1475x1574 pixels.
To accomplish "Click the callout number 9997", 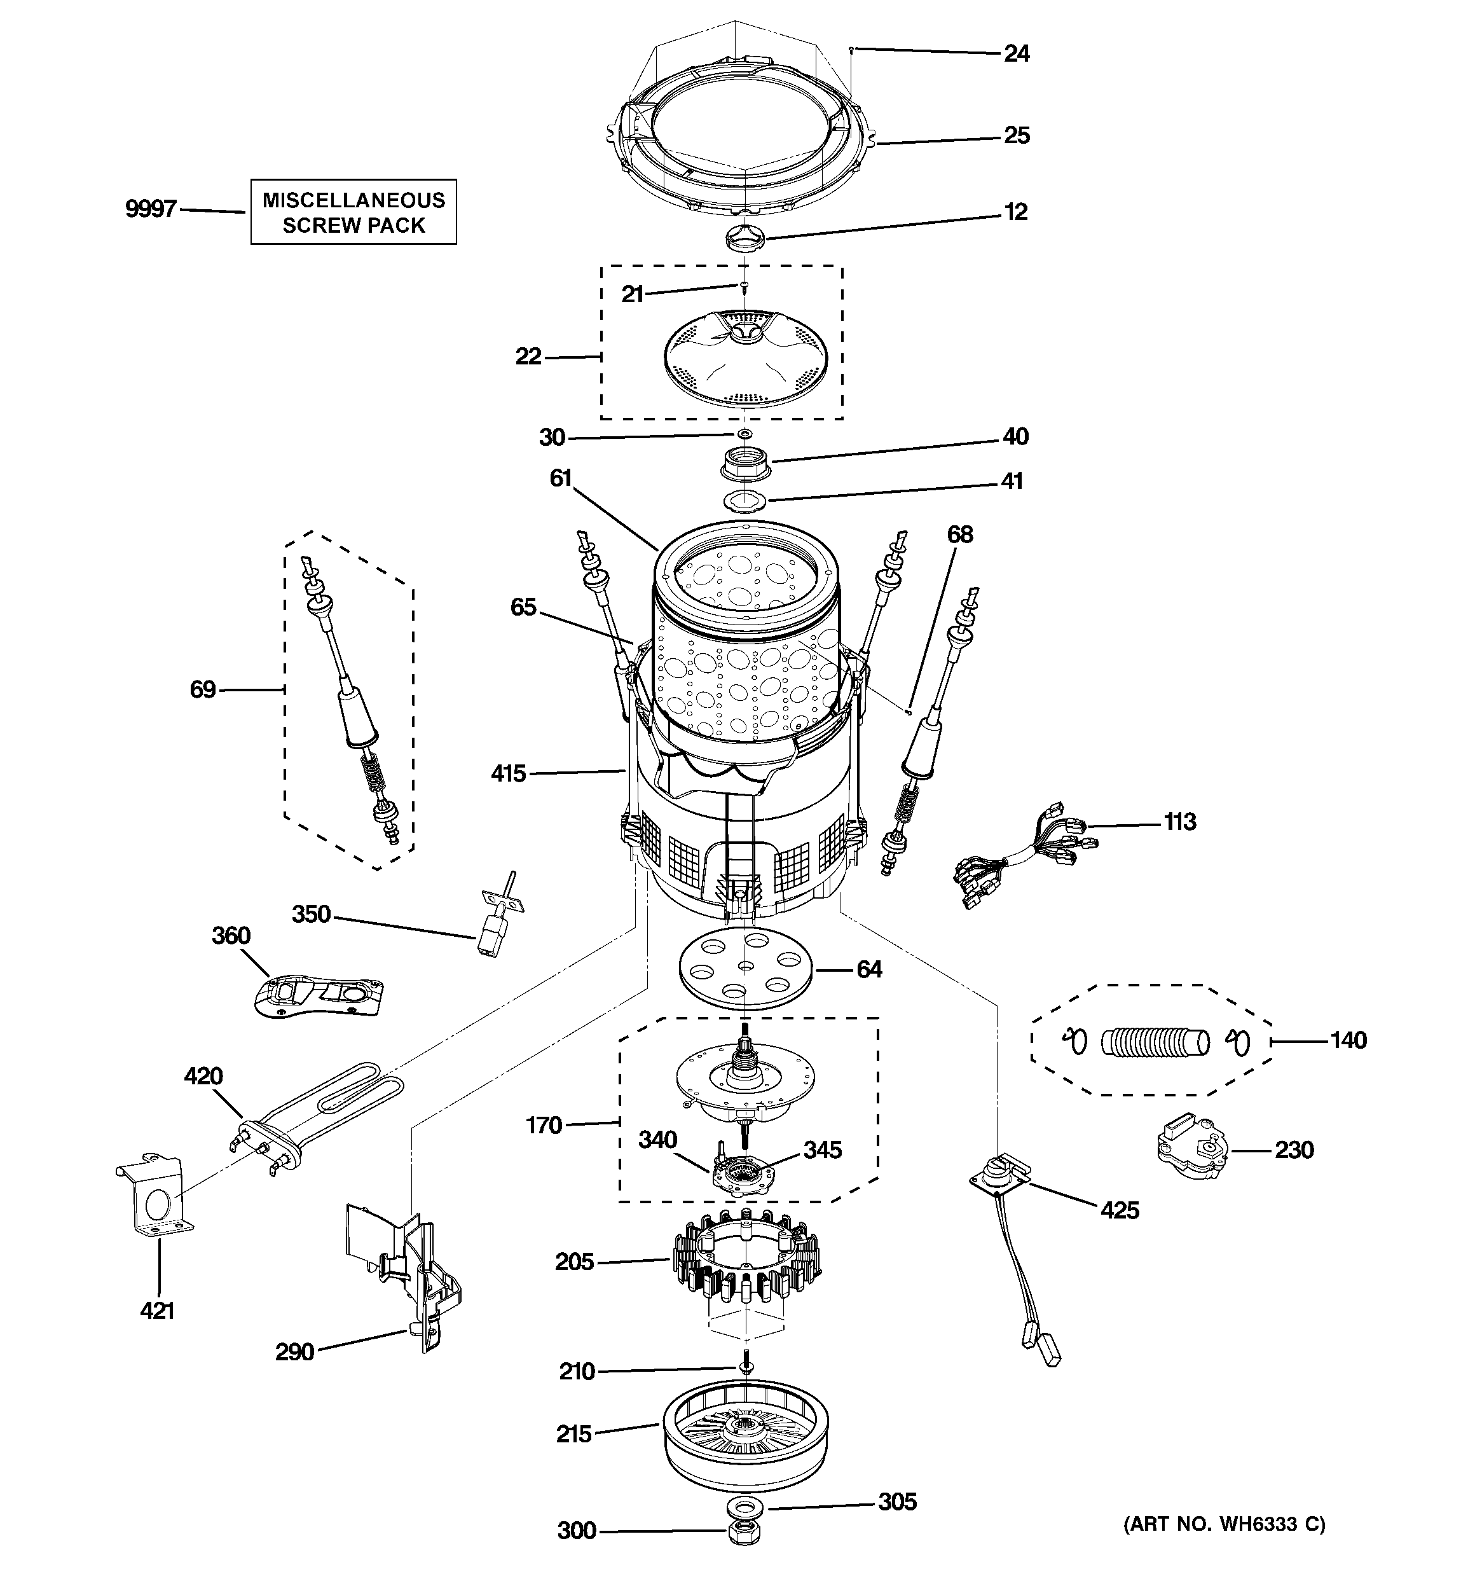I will click(151, 209).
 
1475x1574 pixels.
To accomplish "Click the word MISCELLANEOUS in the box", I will click(354, 200).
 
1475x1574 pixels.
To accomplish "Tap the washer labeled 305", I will click(744, 1504).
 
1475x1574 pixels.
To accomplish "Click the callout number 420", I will click(203, 1076).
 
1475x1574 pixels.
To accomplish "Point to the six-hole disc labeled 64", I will click(746, 969).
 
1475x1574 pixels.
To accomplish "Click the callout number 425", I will click(1120, 1210).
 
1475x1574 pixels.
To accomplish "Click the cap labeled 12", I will click(745, 235).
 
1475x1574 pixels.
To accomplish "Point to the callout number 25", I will click(1017, 135).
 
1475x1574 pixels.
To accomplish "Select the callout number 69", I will click(203, 689).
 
